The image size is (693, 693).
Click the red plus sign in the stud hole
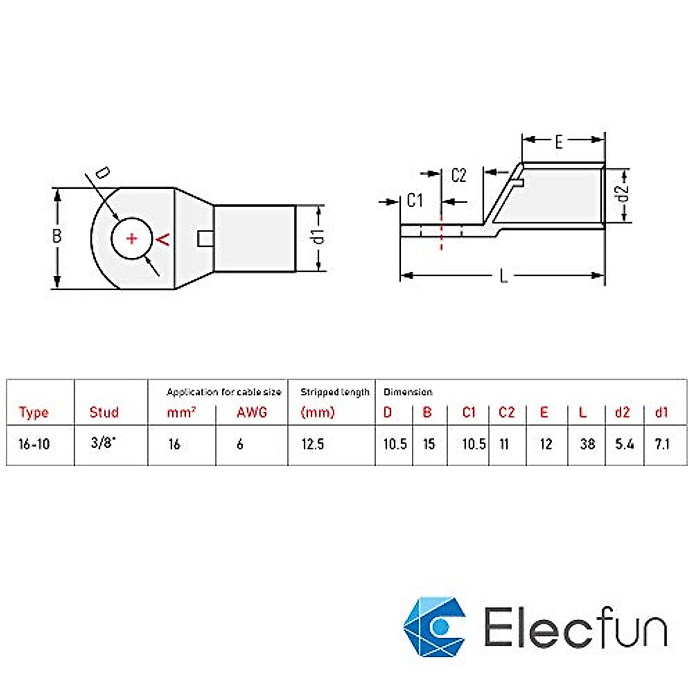point(132,238)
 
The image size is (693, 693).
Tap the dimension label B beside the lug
point(57,236)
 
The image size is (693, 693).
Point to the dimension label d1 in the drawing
point(318,236)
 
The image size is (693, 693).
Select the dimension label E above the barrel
point(558,142)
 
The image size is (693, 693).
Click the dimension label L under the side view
point(504,277)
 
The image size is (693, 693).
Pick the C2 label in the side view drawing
point(459,176)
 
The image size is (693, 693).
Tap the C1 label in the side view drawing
point(415,200)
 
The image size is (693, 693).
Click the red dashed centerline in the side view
point(441,232)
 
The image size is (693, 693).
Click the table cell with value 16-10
point(34,444)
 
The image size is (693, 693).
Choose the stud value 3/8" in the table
point(103,444)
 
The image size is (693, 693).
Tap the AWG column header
point(252,412)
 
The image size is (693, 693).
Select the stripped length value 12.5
point(312,444)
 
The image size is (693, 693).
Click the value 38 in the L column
point(587,444)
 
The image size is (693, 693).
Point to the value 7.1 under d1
point(662,444)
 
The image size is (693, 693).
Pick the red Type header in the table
point(33,412)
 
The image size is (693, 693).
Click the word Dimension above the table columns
point(408,392)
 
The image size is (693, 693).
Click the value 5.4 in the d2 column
point(624,444)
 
